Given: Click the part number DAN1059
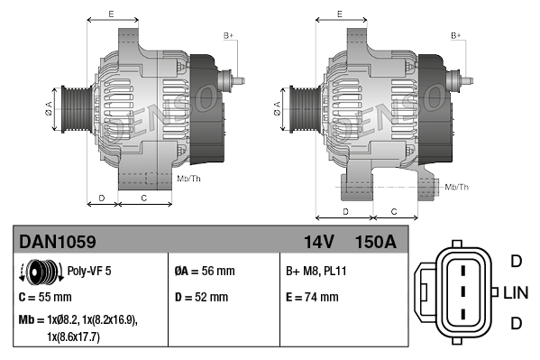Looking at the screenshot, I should [x=58, y=242].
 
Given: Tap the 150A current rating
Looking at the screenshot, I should [x=376, y=242].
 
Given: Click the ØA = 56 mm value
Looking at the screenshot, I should [x=205, y=271].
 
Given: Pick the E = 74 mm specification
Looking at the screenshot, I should [x=312, y=297].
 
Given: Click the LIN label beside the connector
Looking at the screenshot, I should [x=516, y=293].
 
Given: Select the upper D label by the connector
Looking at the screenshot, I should [x=516, y=262].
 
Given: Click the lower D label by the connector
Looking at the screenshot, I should [x=516, y=323].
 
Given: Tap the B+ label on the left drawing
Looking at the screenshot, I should [x=228, y=35].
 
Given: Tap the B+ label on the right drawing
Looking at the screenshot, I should [x=456, y=35].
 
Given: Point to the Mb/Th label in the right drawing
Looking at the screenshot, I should [x=457, y=187].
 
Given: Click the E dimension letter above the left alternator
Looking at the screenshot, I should [x=110, y=14].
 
